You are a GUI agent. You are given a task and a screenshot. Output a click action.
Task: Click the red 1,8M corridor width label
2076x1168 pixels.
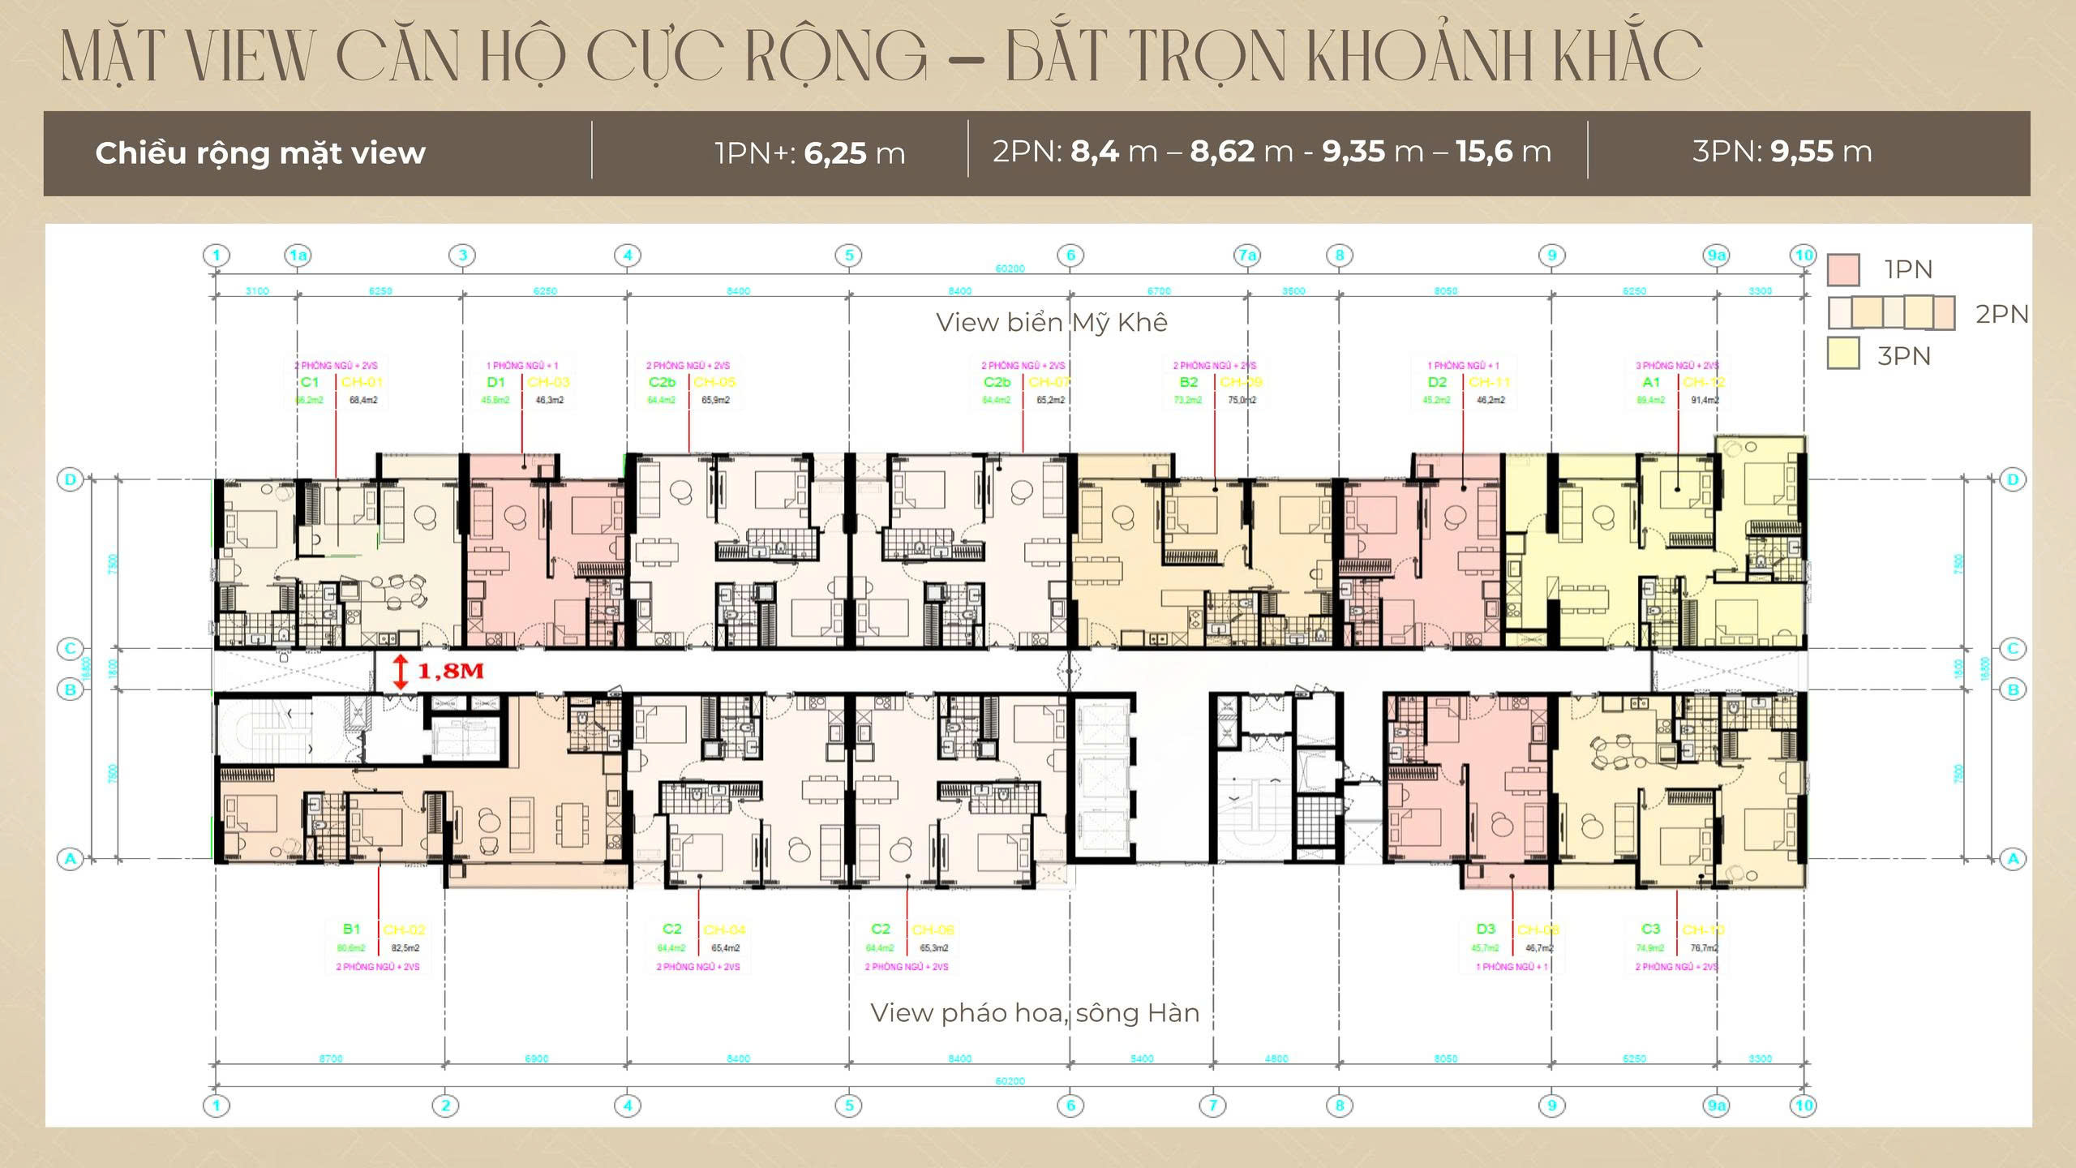450,672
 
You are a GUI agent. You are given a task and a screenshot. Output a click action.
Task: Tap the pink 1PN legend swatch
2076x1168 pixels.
1842,270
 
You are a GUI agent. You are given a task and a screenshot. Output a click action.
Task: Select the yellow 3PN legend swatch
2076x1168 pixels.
1842,354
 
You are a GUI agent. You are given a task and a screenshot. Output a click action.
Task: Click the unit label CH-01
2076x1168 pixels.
362,382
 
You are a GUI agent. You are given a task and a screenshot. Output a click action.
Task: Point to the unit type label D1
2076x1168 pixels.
495,382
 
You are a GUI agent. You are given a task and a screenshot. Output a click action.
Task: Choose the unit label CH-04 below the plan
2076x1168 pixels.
724,930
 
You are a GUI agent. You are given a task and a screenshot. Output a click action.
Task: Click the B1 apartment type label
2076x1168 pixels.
351,929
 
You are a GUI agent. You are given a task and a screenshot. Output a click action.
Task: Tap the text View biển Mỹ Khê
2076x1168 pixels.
1051,323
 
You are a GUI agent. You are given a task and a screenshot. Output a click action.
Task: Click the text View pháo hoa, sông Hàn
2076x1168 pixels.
1034,1013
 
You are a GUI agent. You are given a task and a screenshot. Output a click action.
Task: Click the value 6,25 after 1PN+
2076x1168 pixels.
834,153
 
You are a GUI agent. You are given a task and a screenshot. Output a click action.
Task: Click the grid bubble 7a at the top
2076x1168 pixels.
1247,255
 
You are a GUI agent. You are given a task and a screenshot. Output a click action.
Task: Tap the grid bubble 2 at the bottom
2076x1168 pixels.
445,1106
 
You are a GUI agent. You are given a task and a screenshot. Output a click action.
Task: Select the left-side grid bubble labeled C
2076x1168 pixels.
71,649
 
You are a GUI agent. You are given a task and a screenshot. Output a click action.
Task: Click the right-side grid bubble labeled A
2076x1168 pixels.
2013,858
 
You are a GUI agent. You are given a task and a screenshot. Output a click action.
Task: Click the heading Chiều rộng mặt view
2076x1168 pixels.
260,153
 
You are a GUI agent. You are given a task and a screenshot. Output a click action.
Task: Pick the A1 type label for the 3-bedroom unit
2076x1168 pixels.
1651,382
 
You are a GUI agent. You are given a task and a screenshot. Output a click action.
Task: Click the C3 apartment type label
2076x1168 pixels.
1650,929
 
